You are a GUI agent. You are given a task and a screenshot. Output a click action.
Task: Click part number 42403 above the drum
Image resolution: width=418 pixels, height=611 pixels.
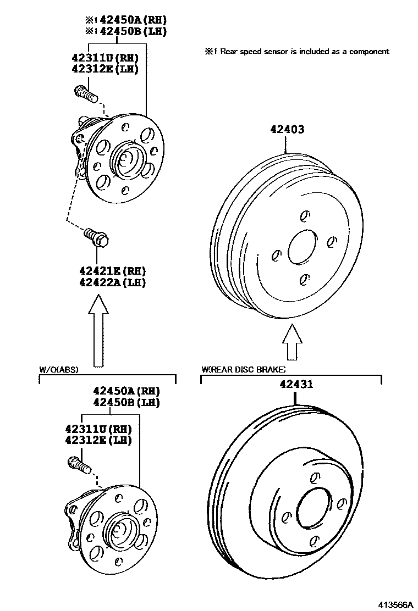click(287, 130)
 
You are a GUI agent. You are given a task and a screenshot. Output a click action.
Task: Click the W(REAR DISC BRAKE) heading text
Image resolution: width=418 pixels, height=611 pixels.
click(244, 370)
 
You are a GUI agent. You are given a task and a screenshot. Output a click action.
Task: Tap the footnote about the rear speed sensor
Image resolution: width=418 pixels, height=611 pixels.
click(297, 51)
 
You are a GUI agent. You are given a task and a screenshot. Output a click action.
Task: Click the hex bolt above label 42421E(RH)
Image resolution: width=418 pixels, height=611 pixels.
click(97, 237)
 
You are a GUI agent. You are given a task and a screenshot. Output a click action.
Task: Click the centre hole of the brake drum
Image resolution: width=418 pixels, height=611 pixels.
click(301, 246)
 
